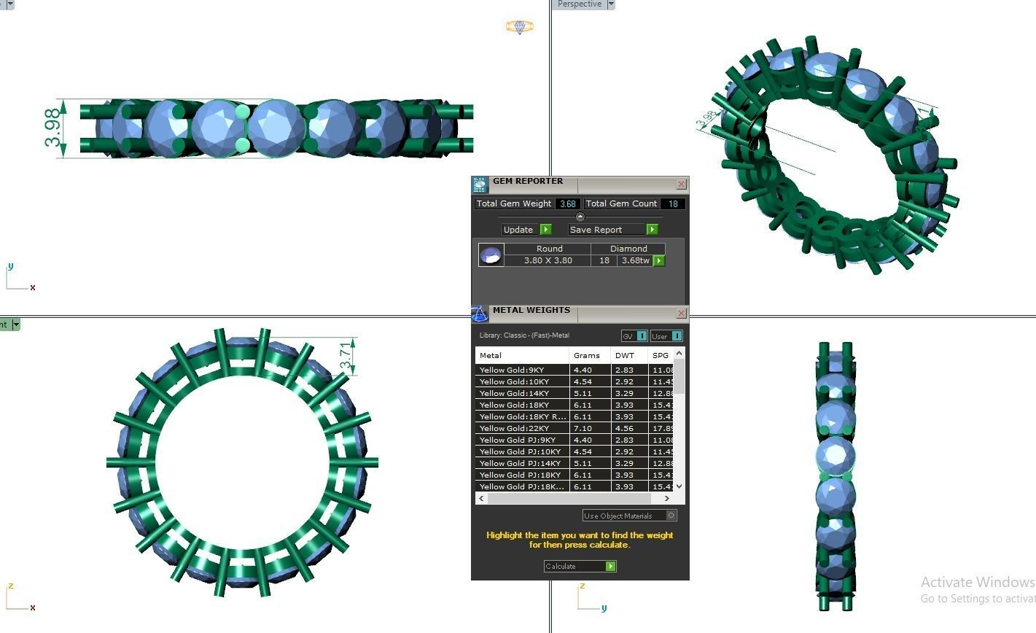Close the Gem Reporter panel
coord(681,185)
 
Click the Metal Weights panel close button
coord(681,314)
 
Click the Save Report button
coord(612,230)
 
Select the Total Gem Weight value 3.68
coord(567,204)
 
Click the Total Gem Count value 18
coord(672,204)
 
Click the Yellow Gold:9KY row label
coord(511,370)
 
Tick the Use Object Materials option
coord(671,516)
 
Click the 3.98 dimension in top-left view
coord(52,128)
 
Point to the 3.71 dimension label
coord(346,356)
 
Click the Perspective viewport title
coord(580,4)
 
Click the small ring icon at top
coord(519,27)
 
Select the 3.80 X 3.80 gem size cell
coord(548,260)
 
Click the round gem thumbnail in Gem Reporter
coord(491,255)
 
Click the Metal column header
coord(490,356)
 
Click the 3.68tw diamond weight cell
coord(635,260)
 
